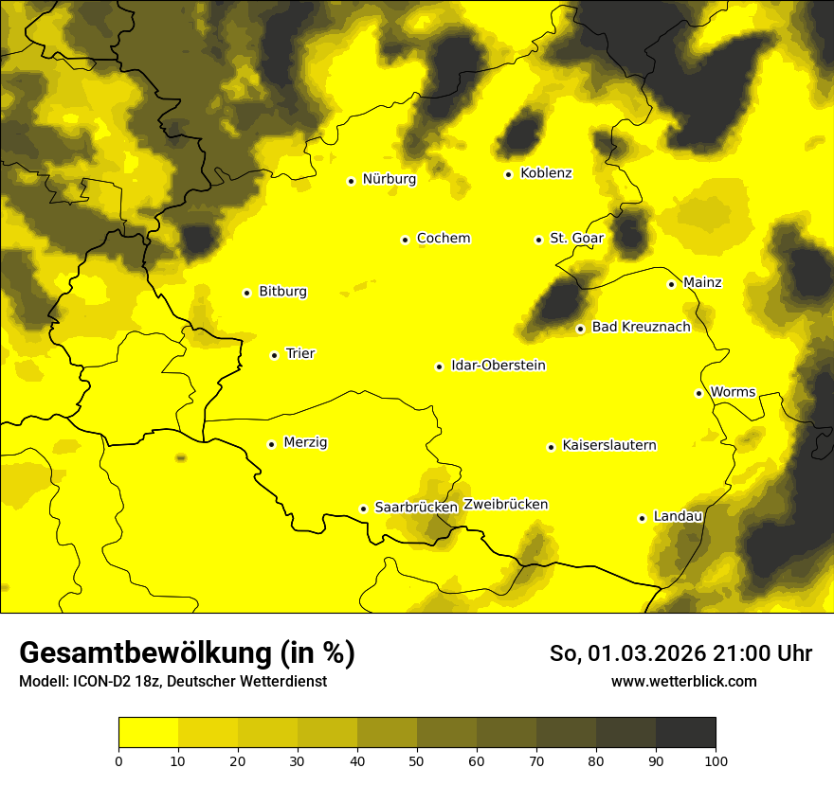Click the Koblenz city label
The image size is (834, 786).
546,173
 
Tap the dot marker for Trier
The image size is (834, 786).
274,355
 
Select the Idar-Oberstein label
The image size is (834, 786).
499,366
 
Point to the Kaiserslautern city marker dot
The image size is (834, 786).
551,447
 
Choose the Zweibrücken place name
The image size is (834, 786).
505,505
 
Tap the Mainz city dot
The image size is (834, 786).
671,284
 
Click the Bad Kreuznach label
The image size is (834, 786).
641,327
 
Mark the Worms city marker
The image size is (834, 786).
698,393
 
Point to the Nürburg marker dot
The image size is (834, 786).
351,181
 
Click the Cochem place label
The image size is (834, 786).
444,239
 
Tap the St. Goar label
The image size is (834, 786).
576,239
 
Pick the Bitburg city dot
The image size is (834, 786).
246,293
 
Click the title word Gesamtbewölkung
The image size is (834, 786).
144,653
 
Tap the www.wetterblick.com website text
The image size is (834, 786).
683,682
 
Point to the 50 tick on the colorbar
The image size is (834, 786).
417,760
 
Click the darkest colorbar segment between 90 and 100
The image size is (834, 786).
685,733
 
